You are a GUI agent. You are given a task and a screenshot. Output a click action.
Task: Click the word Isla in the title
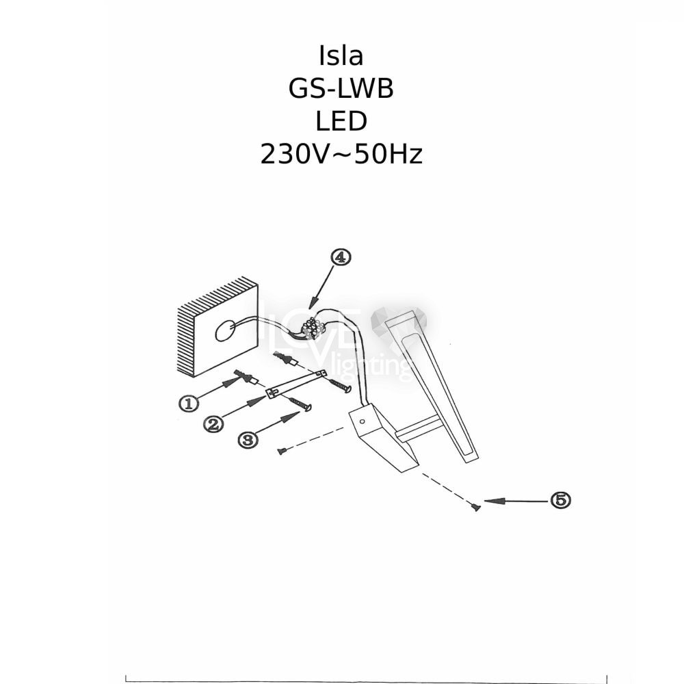tap(341, 56)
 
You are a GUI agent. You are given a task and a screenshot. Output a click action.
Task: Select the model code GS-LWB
tap(341, 88)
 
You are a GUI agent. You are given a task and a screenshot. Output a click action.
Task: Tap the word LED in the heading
tap(341, 121)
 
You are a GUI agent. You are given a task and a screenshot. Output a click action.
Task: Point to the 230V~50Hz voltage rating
tap(341, 155)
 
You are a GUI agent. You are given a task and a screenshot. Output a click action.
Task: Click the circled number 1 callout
tap(189, 403)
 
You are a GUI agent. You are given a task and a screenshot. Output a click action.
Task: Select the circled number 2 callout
tap(213, 423)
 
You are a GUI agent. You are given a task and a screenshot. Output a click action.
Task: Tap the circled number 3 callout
tap(248, 439)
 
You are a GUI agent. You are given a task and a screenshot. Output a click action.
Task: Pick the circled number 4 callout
tap(341, 257)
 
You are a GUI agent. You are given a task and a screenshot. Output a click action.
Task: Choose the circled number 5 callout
tap(561, 499)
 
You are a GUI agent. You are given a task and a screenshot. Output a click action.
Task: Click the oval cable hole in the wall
tap(224, 330)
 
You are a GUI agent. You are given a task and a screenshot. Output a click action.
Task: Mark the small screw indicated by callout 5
tap(475, 506)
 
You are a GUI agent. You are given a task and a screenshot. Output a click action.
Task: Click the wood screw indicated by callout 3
tap(300, 404)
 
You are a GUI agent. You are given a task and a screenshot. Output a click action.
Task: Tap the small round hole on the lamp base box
tap(362, 422)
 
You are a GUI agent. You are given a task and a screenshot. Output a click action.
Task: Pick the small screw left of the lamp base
tap(282, 451)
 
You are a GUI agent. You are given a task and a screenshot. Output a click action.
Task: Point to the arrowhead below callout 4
tap(313, 303)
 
